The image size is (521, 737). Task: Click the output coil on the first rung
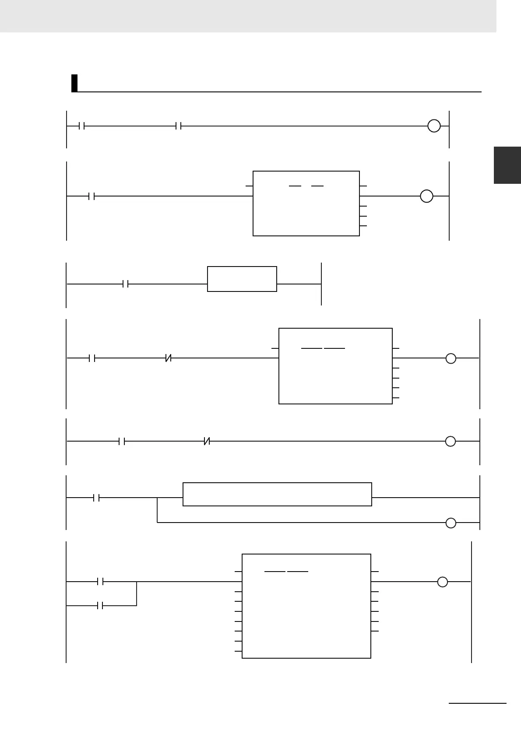click(x=433, y=126)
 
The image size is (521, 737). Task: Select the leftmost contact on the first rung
click(x=81, y=126)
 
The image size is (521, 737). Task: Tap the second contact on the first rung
click(x=178, y=126)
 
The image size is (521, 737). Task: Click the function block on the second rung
click(x=306, y=204)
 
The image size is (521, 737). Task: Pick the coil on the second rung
click(x=426, y=197)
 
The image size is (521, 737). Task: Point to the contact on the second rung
click(x=92, y=197)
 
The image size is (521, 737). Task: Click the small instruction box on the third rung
click(x=242, y=279)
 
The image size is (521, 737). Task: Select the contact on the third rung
click(x=125, y=284)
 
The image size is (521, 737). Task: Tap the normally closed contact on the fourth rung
click(x=168, y=358)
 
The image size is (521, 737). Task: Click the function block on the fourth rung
click(x=335, y=366)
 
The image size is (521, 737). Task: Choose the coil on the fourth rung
click(x=451, y=358)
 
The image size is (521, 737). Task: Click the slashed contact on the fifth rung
click(x=207, y=442)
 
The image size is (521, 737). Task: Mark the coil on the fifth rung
click(x=450, y=442)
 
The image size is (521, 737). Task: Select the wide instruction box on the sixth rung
click(x=277, y=495)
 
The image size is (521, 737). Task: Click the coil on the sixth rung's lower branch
click(x=451, y=523)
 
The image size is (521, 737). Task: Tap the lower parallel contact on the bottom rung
click(x=100, y=606)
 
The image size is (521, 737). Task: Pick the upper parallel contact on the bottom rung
click(x=100, y=582)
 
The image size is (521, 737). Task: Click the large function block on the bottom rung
click(x=306, y=606)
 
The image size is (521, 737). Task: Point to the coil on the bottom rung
click(x=443, y=582)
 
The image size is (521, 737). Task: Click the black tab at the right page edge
click(x=507, y=165)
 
